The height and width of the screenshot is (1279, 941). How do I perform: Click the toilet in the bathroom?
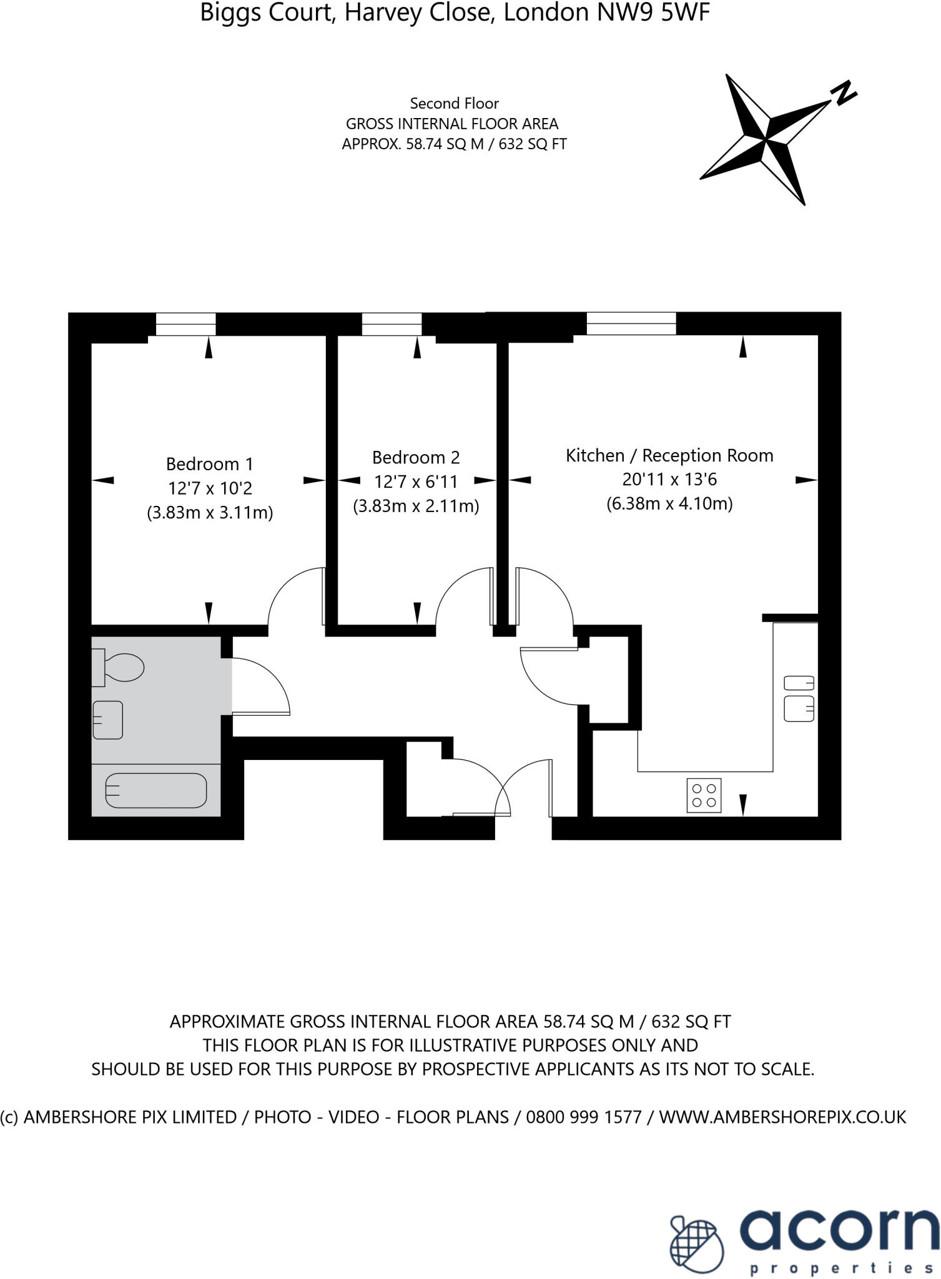119,668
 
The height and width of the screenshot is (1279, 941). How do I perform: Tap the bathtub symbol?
155,791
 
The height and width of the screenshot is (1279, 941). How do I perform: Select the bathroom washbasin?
107,720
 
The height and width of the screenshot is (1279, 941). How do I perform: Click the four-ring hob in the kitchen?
704,795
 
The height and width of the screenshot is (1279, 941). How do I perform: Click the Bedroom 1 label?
210,464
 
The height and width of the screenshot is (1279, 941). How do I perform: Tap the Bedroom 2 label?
416,458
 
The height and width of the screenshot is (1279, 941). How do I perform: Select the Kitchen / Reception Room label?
669,455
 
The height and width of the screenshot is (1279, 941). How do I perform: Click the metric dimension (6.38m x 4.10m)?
669,503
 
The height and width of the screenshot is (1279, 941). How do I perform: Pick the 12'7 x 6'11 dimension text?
416,481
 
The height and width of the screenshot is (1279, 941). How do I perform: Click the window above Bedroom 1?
185,324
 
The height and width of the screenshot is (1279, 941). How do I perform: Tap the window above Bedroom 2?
392,324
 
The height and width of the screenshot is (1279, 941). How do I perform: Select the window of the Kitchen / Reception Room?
631,323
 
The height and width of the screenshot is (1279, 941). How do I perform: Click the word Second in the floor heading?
431,103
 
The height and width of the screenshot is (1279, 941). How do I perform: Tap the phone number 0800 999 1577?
584,1117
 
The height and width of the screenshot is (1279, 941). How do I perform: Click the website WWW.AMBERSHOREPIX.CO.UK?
782,1117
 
